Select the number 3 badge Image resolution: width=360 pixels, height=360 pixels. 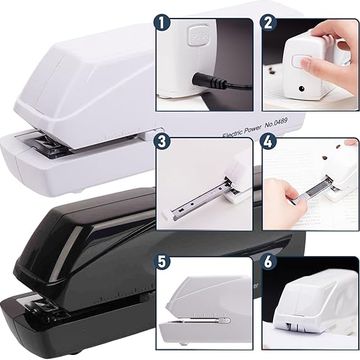pyautogui.click(x=162, y=142)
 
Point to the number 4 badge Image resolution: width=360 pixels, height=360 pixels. pyautogui.click(x=269, y=142)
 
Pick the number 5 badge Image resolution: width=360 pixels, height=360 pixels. pyautogui.click(x=162, y=262)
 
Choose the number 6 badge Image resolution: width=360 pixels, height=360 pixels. pyautogui.click(x=269, y=262)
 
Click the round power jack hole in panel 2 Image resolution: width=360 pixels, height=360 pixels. pyautogui.click(x=301, y=89)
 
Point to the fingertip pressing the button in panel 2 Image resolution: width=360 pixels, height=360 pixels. pyautogui.click(x=306, y=63)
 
